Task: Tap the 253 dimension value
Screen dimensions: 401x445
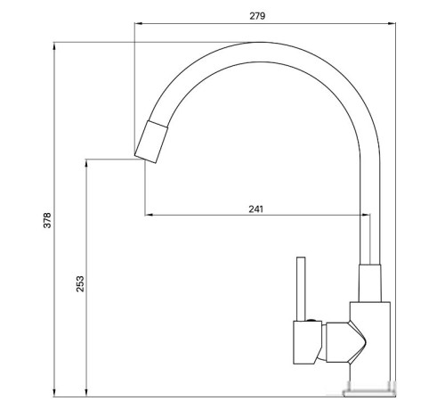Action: [x=79, y=283]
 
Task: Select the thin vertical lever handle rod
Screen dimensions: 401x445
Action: [x=301, y=287]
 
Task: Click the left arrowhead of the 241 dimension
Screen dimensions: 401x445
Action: [x=149, y=215]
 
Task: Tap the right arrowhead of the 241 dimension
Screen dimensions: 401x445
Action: [x=365, y=215]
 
